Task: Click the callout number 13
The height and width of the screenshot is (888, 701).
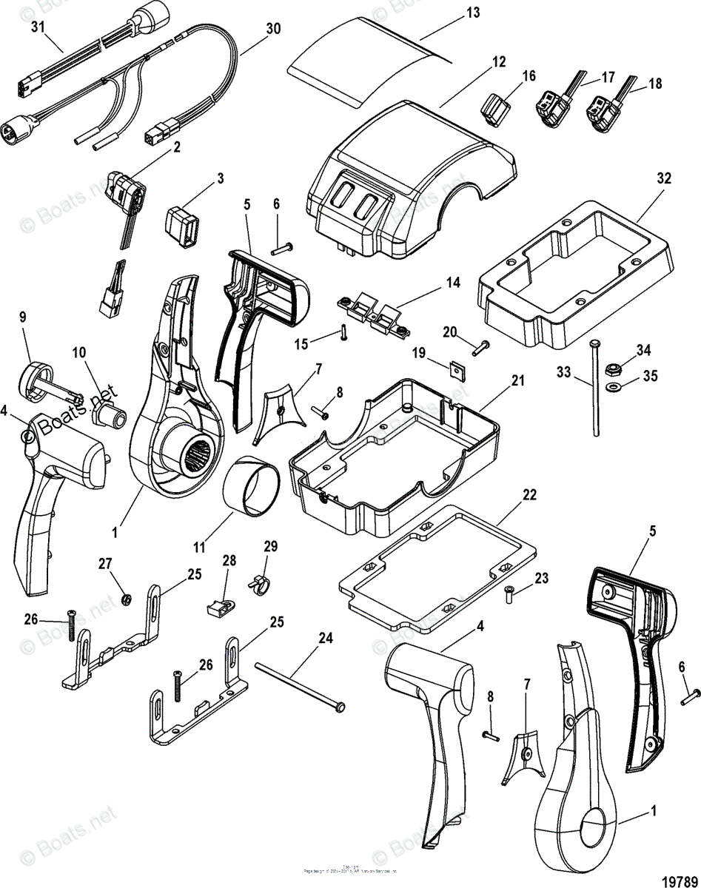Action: [472, 13]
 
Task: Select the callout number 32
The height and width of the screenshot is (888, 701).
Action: [663, 178]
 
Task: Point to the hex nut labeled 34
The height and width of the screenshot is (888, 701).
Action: [614, 368]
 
